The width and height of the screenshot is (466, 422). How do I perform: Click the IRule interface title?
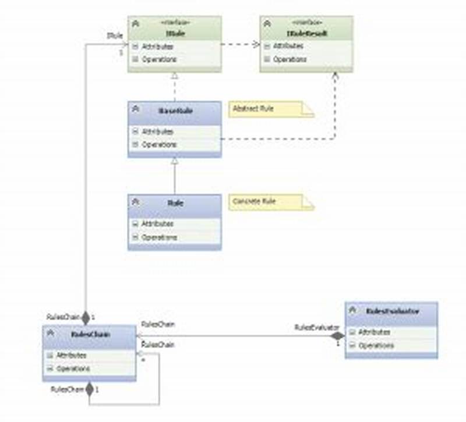175,34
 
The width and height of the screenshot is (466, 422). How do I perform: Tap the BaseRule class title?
175,109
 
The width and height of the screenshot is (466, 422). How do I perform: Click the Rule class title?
175,203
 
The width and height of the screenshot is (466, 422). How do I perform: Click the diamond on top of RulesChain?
86,317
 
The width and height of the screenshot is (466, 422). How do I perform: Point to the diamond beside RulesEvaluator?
337,336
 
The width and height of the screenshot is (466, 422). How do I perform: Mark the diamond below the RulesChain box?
89,389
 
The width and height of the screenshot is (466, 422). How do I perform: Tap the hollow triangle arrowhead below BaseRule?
174,162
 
